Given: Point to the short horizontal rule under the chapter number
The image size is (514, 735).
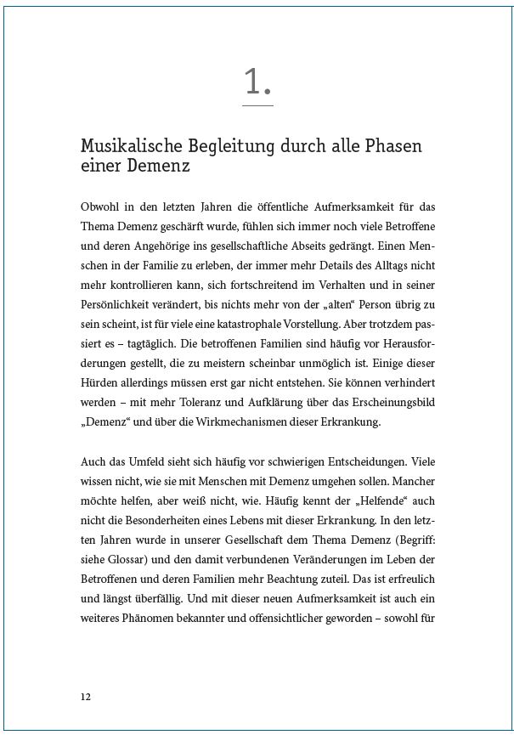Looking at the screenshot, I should pyautogui.click(x=257, y=105).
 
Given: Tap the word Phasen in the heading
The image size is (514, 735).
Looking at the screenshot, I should pyautogui.click(x=393, y=145).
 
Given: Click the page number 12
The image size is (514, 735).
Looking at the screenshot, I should pyautogui.click(x=85, y=696).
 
